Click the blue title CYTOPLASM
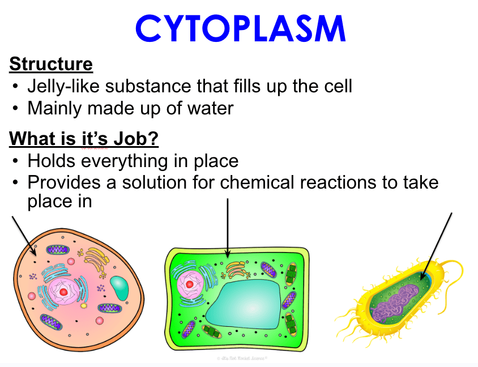[x=241, y=28]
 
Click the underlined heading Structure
[x=51, y=64]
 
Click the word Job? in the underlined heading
[x=136, y=139]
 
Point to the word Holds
[x=51, y=160]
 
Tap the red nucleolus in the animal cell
[x=63, y=292]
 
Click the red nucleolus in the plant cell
[x=189, y=284]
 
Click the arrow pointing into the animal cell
[x=24, y=236]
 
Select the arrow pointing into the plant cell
[x=228, y=228]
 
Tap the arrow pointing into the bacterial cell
[x=436, y=246]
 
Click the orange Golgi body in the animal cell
[x=96, y=259]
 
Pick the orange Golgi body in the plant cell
[x=236, y=270]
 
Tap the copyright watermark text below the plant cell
[x=242, y=358]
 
